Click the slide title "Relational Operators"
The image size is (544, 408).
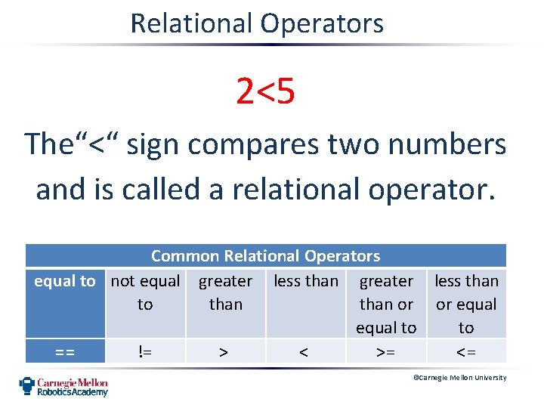pos(257,23)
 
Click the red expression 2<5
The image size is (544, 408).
pos(265,92)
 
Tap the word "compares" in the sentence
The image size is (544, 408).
pos(231,144)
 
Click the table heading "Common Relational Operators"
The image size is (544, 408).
pos(265,256)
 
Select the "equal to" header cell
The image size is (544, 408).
pos(65,281)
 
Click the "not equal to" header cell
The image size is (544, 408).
pos(145,292)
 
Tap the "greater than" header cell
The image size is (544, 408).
pos(225,292)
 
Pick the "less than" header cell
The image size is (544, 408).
pos(306,281)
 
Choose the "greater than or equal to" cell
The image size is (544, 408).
pos(386,304)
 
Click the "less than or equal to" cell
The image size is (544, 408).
pos(466,304)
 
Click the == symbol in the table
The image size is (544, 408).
pos(65,351)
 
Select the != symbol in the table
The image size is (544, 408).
pos(145,351)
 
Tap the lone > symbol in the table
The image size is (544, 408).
pos(224,351)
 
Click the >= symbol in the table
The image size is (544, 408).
pos(386,351)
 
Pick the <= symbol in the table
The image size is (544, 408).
pos(466,351)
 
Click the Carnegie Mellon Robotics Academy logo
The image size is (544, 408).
pos(63,386)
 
